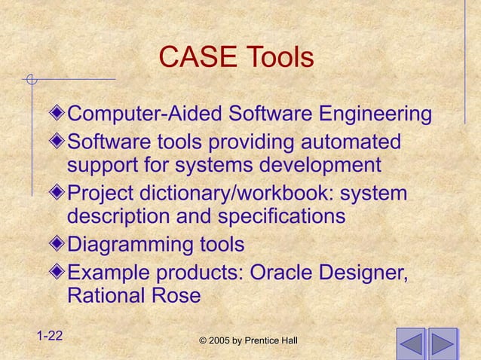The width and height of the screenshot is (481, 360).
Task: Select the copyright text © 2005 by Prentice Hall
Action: [248, 342]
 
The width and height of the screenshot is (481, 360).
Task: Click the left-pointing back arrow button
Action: [411, 344]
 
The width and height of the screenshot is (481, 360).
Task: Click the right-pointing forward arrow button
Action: [444, 344]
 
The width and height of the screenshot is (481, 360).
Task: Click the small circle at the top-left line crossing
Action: [29, 79]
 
